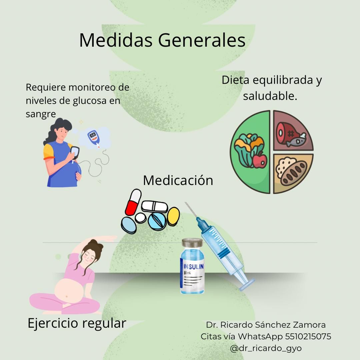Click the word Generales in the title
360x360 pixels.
pos(202,40)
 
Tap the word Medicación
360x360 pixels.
pos(178,180)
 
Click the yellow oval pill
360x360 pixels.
pos(173,216)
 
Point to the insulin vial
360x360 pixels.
pos(192,267)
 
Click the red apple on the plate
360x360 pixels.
pos(259,160)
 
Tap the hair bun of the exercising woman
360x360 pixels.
pos(97,246)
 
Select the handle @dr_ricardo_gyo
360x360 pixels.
pos(266,348)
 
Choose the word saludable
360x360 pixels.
pos(270,96)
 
